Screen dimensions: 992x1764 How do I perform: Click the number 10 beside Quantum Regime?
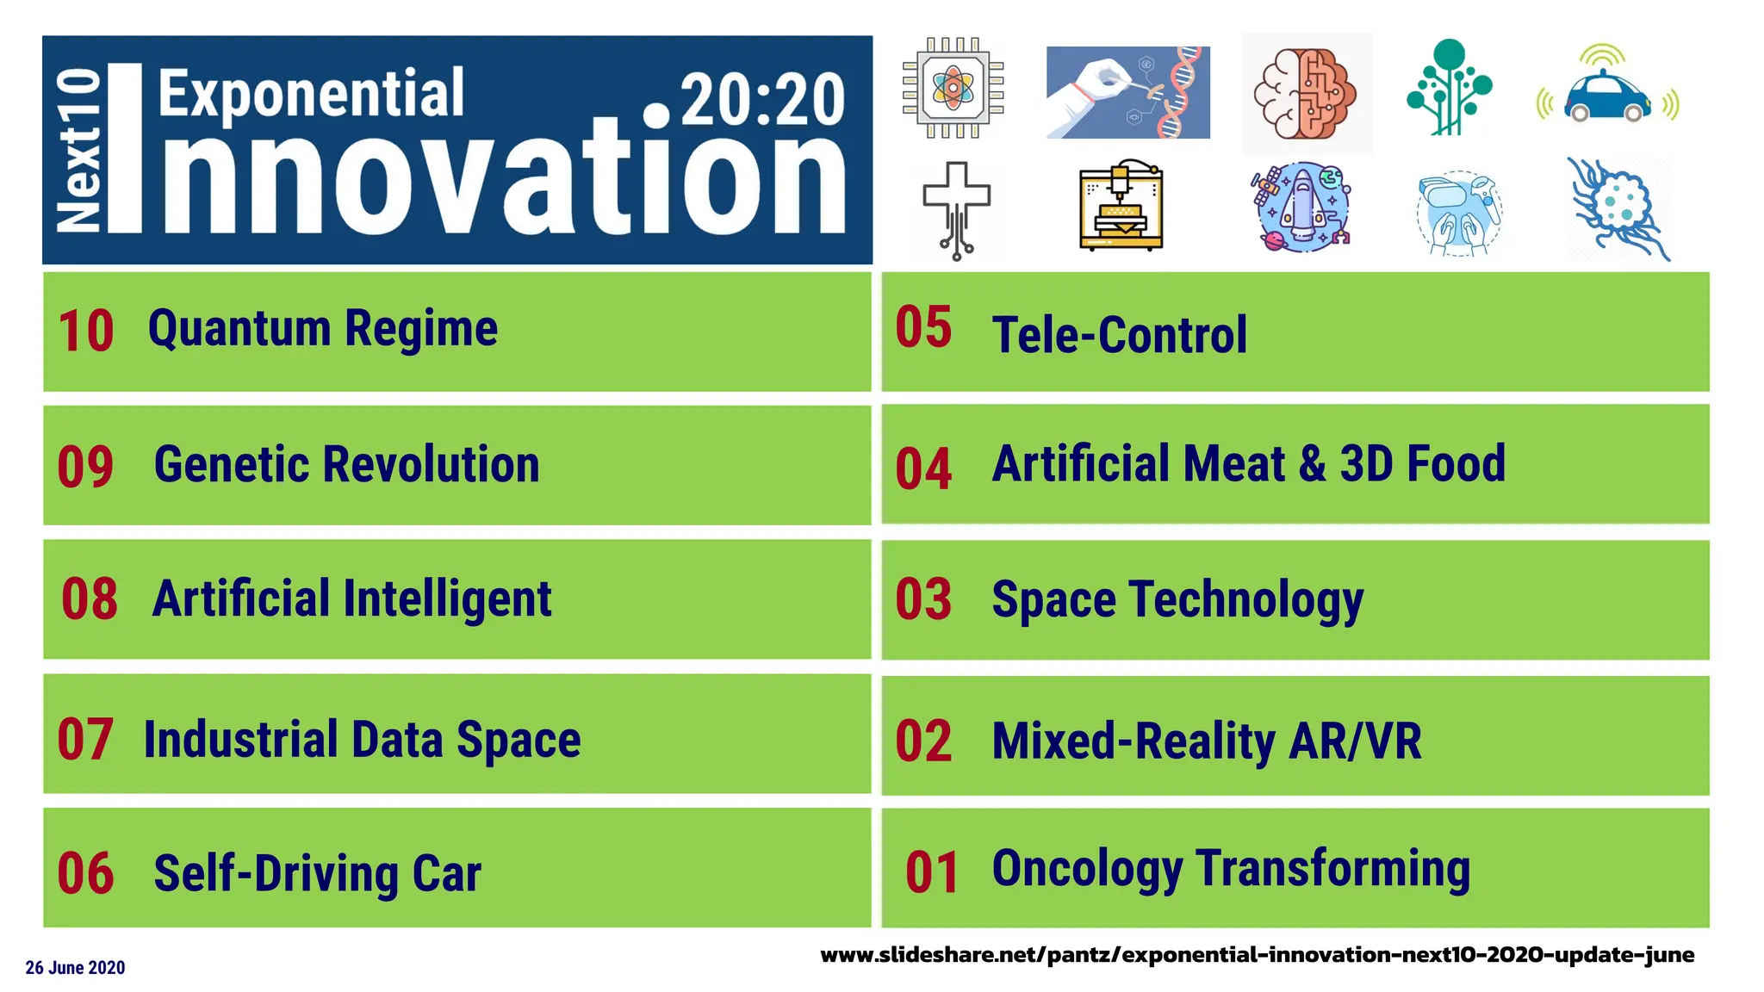[85, 332]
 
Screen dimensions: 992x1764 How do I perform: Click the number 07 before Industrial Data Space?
[84, 740]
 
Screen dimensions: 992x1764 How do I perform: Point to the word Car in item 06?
[446, 873]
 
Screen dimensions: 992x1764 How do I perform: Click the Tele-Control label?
[1119, 335]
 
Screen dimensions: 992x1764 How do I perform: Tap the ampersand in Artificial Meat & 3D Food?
[1312, 464]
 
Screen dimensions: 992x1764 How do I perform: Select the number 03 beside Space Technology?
[922, 599]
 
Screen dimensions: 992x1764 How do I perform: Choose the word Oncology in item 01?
[1087, 869]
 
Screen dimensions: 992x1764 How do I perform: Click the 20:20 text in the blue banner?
[761, 100]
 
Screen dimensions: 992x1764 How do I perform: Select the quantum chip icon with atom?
[953, 88]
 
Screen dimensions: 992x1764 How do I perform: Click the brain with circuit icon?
[1306, 94]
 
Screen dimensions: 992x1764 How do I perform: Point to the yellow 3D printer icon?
[1120, 207]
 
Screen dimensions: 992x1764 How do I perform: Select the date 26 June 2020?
[75, 968]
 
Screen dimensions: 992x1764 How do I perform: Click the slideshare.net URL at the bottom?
[1257, 955]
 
